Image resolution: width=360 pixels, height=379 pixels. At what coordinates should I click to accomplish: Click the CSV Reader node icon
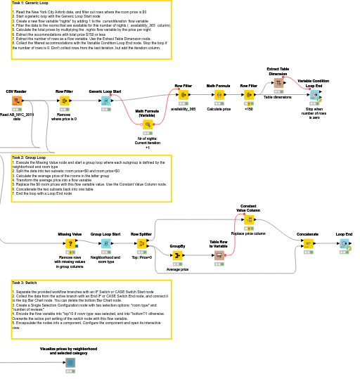pyautogui.click(x=16, y=101)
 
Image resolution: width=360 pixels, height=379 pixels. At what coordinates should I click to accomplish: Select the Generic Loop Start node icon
pyautogui.click(x=105, y=101)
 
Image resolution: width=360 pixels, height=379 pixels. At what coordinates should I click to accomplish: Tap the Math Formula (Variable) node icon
pyautogui.click(x=148, y=124)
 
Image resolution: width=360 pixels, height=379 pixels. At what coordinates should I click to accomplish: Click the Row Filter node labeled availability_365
pyautogui.click(x=183, y=95)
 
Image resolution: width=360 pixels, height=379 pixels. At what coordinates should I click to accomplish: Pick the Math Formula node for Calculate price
pyautogui.click(x=219, y=95)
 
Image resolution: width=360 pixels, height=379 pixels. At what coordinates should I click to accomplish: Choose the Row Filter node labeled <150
pyautogui.click(x=249, y=95)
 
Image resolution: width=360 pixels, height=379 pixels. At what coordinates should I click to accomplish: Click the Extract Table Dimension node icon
pyautogui.click(x=278, y=84)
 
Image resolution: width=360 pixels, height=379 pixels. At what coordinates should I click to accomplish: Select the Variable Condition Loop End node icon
pyautogui.click(x=314, y=94)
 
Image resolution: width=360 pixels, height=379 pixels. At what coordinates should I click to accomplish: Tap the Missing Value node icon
pyautogui.click(x=70, y=243)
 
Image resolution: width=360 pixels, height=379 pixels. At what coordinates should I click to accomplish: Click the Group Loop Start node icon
pyautogui.click(x=105, y=243)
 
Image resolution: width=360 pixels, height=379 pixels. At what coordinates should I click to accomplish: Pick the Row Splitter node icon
pyautogui.click(x=141, y=243)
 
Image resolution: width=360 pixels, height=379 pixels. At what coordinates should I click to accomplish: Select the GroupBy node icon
pyautogui.click(x=177, y=255)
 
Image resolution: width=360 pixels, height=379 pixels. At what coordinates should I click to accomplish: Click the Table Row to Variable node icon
pyautogui.click(x=219, y=255)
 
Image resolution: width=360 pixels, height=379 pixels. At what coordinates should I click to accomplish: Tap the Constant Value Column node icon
pyautogui.click(x=249, y=220)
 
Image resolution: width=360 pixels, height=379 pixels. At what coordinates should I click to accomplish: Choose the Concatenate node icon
pyautogui.click(x=308, y=243)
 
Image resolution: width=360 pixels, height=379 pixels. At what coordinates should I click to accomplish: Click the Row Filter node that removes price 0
pyautogui.click(x=65, y=101)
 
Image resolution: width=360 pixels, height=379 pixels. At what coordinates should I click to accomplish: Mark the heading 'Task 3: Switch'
pyautogui.click(x=27, y=282)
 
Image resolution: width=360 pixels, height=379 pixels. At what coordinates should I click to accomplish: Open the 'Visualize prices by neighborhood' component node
pyautogui.click(x=70, y=363)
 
